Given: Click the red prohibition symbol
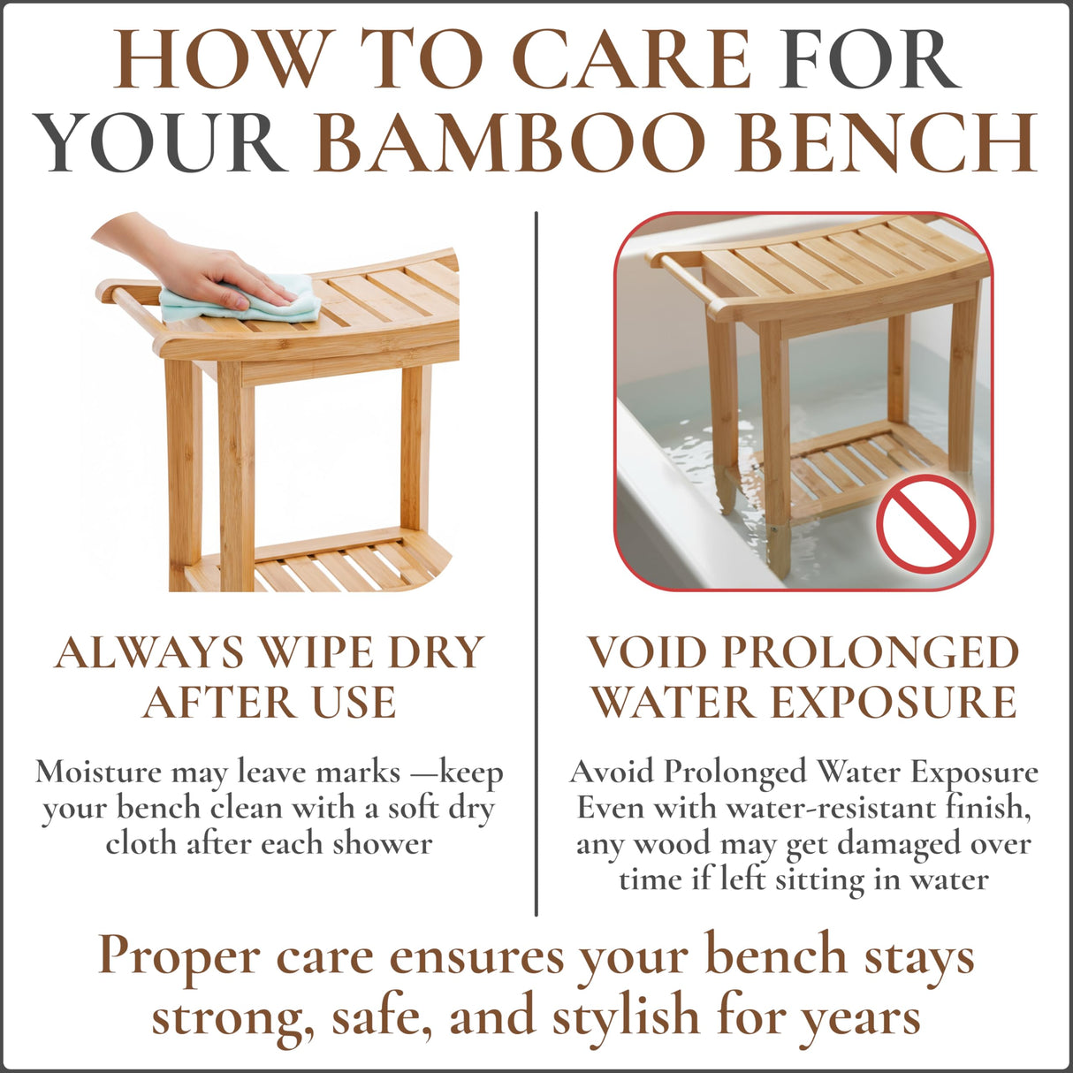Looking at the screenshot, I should pos(925,524).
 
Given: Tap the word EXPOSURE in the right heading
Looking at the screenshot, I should pos(894,703).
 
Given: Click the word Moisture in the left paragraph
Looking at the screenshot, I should pos(98,772).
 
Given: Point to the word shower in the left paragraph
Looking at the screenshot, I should pos(383,843).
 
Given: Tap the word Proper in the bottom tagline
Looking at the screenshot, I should pos(179,956).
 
